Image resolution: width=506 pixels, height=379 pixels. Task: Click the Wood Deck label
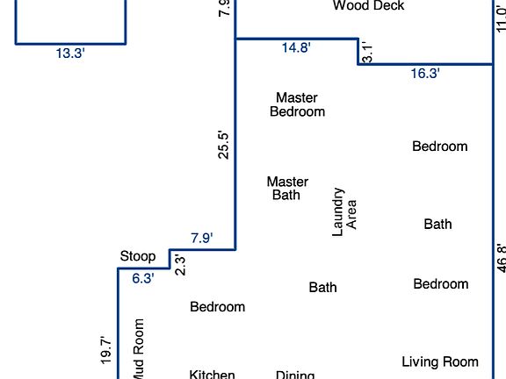pyautogui.click(x=368, y=6)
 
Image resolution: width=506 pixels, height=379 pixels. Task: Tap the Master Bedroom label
pyautogui.click(x=297, y=104)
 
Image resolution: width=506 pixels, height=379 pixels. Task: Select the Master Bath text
pyautogui.click(x=287, y=188)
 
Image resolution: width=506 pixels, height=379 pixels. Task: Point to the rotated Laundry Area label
pyautogui.click(x=344, y=211)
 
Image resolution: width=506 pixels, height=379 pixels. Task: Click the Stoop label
pyautogui.click(x=138, y=256)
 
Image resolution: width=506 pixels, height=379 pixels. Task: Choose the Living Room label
pyautogui.click(x=440, y=361)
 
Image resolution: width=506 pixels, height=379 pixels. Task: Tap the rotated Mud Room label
pyautogui.click(x=138, y=349)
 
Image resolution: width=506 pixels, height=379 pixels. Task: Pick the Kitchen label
pyautogui.click(x=213, y=375)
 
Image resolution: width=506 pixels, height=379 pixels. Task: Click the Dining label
pyautogui.click(x=295, y=375)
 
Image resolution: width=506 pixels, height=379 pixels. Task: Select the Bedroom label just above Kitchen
pyautogui.click(x=218, y=307)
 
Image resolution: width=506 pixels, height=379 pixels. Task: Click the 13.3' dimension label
pyautogui.click(x=70, y=53)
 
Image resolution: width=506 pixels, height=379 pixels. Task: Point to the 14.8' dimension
pyautogui.click(x=296, y=48)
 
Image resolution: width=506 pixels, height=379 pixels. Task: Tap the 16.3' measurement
pyautogui.click(x=425, y=74)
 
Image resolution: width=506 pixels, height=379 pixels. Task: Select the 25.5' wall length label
pyautogui.click(x=224, y=145)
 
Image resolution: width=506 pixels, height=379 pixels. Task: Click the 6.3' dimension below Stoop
pyautogui.click(x=143, y=278)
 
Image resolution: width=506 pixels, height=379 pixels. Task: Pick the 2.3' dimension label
pyautogui.click(x=180, y=264)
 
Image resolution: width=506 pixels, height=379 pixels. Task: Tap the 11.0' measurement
pyautogui.click(x=501, y=18)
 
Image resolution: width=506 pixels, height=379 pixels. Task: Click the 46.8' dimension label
pyautogui.click(x=501, y=258)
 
